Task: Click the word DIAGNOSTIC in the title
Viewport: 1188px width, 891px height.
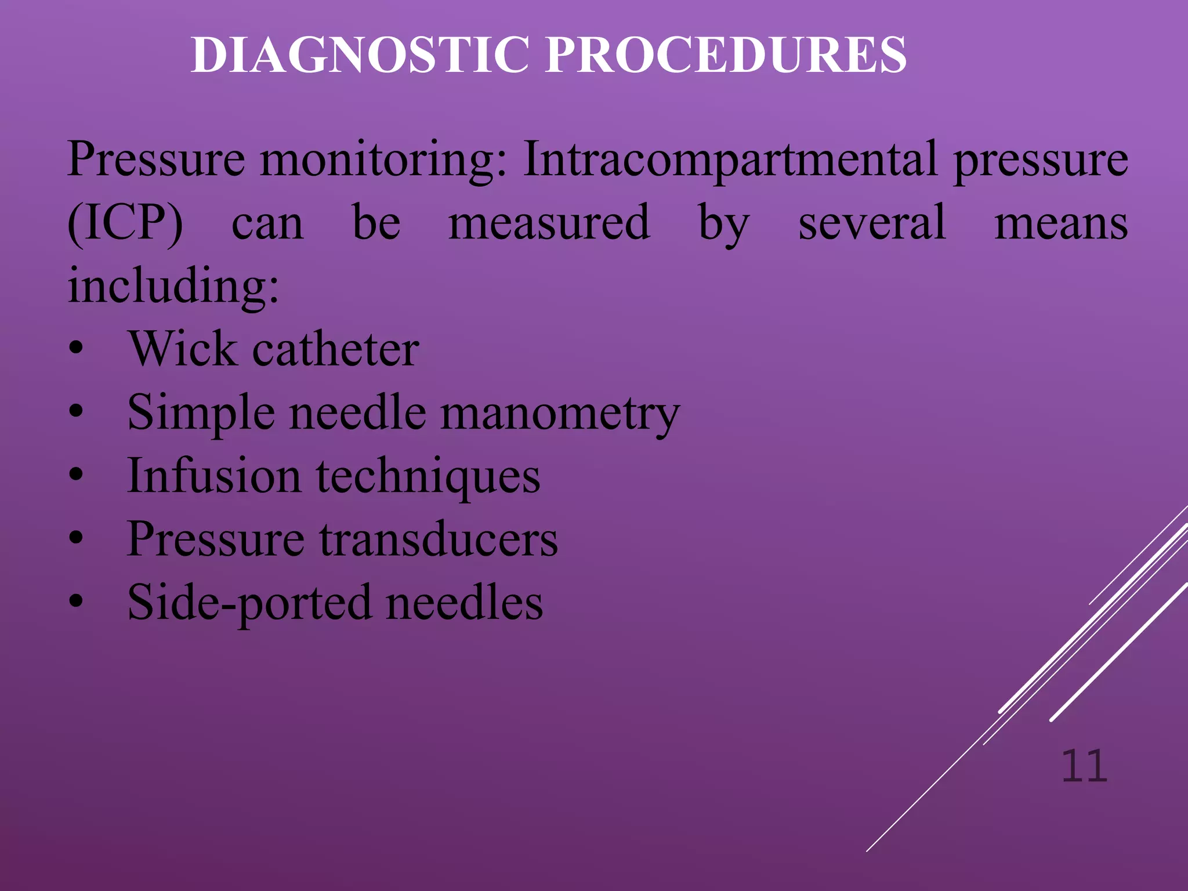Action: (360, 55)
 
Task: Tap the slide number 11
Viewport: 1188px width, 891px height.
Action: (1084, 767)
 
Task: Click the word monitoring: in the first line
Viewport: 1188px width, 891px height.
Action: (383, 161)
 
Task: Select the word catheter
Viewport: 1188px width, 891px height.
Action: (336, 350)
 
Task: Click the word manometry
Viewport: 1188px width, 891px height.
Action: (560, 414)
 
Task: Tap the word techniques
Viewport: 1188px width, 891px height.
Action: (428, 477)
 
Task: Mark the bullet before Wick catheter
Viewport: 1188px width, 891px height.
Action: (76, 350)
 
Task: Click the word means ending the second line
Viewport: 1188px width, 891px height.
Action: (1061, 224)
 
